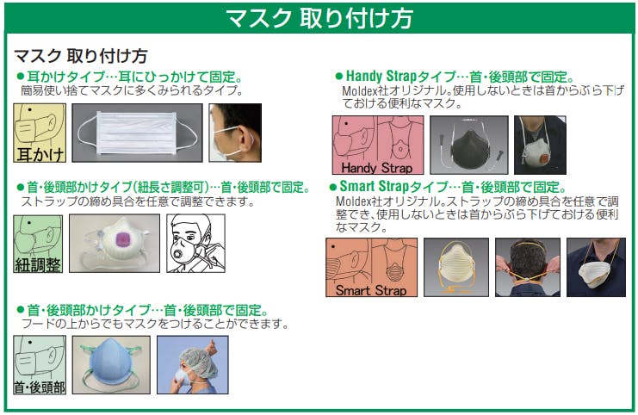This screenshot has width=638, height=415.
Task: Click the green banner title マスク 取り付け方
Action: pos(319,18)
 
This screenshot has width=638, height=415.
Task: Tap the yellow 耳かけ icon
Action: pos(40,133)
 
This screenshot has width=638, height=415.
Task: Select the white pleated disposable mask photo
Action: pos(137,133)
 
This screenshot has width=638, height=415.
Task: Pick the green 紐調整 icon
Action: pos(38,244)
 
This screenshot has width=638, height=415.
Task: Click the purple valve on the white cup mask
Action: pos(122,238)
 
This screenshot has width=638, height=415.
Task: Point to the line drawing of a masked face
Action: pos(195,244)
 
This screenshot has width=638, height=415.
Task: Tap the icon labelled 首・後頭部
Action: pos(40,365)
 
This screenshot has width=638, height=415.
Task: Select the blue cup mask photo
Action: pos(111,364)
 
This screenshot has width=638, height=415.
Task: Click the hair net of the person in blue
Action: pos(198,360)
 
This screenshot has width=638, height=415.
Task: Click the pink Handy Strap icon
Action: pos(378,145)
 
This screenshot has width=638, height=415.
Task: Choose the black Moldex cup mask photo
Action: pos(469,145)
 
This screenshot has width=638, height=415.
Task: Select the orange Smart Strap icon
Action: pos(371,267)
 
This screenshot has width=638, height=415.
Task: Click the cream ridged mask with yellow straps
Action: pos(456,267)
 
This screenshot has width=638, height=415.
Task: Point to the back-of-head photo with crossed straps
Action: pos(528,267)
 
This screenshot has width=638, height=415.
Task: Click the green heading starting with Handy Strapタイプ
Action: pos(455,76)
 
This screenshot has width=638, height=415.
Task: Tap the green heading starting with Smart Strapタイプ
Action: pos(448,187)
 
